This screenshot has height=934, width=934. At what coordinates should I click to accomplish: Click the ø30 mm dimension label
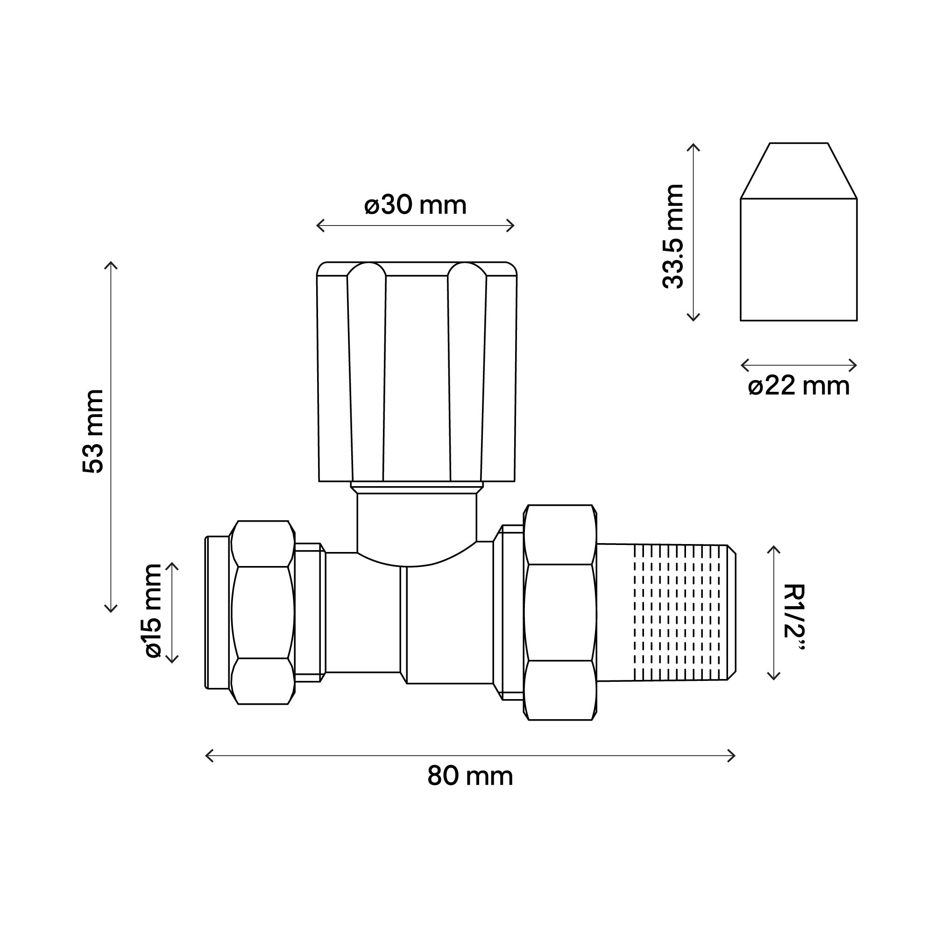[415, 205]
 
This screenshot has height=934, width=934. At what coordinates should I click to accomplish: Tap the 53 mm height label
[93, 431]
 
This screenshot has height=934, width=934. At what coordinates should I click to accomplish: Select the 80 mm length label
[470, 777]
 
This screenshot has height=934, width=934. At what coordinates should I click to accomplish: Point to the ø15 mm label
[153, 610]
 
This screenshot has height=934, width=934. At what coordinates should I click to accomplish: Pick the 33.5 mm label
[673, 236]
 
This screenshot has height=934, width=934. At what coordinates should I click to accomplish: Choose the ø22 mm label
[799, 387]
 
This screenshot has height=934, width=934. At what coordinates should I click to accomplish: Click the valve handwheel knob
[417, 371]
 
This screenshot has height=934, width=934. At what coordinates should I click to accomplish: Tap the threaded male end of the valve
[666, 613]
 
